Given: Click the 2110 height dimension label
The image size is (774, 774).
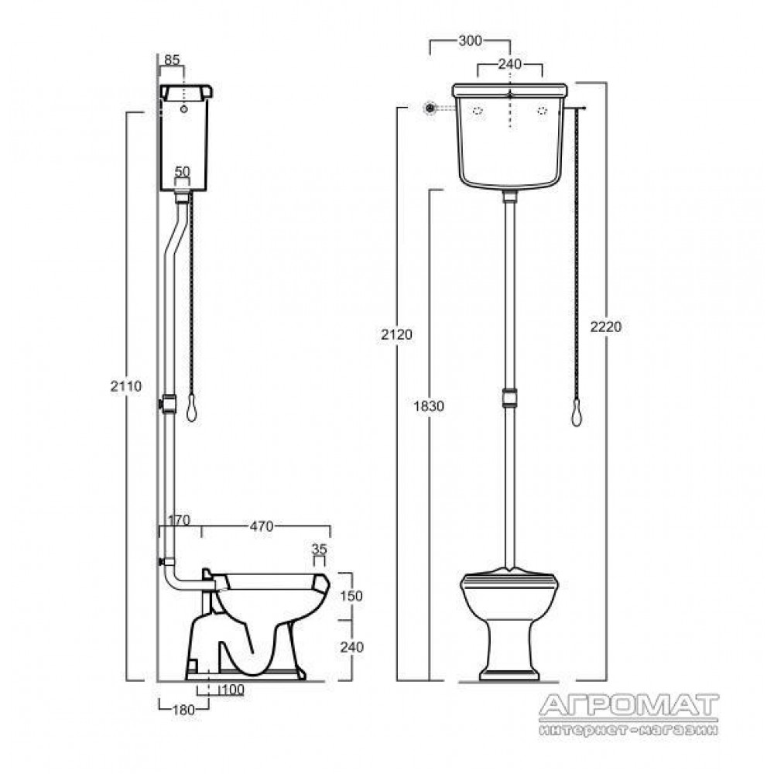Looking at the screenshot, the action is click(x=126, y=386).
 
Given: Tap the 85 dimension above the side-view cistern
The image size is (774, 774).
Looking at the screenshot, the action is click(x=171, y=60).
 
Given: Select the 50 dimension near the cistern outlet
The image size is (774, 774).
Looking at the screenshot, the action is click(x=183, y=171).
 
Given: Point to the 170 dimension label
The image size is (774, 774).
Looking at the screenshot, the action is click(x=179, y=520).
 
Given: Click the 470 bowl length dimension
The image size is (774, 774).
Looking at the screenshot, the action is click(x=261, y=526).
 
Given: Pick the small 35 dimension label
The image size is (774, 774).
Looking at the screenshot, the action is click(x=320, y=549).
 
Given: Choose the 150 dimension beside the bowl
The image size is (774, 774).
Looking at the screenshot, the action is click(x=351, y=595).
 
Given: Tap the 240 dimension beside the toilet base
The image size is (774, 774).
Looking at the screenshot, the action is click(x=351, y=646).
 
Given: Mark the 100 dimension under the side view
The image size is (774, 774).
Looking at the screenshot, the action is click(x=232, y=690).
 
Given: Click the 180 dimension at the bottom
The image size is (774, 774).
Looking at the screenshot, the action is click(x=184, y=710).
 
